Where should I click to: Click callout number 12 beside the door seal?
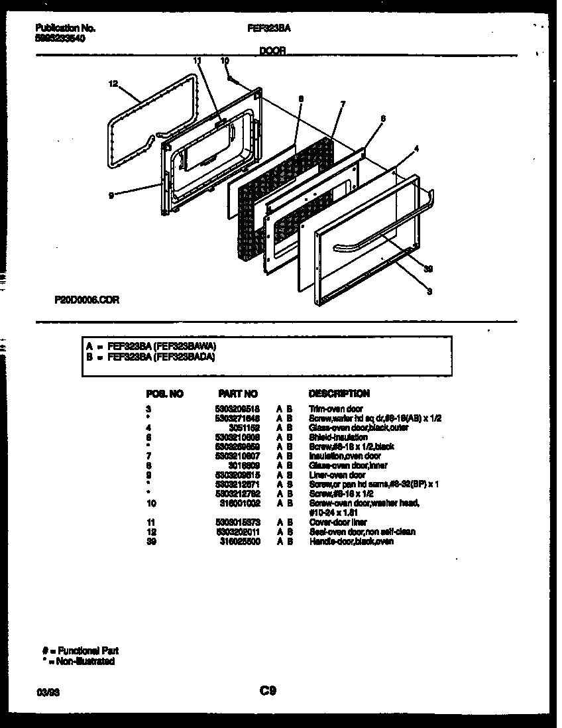[x=113, y=84]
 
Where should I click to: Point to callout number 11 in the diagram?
[x=196, y=60]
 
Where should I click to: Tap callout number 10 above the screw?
[x=225, y=60]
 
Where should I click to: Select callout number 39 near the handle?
[x=429, y=268]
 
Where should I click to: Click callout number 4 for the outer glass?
[x=416, y=149]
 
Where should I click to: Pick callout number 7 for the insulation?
[x=343, y=103]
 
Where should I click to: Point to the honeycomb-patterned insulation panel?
[x=285, y=192]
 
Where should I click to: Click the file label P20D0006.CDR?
[x=87, y=299]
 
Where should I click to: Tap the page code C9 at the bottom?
[x=267, y=692]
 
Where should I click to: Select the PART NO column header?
[x=237, y=393]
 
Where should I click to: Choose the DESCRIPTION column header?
[x=339, y=393]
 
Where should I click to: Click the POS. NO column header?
[x=164, y=393]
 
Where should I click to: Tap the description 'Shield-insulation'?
[x=338, y=437]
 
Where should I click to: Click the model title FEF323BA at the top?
[x=268, y=29]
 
